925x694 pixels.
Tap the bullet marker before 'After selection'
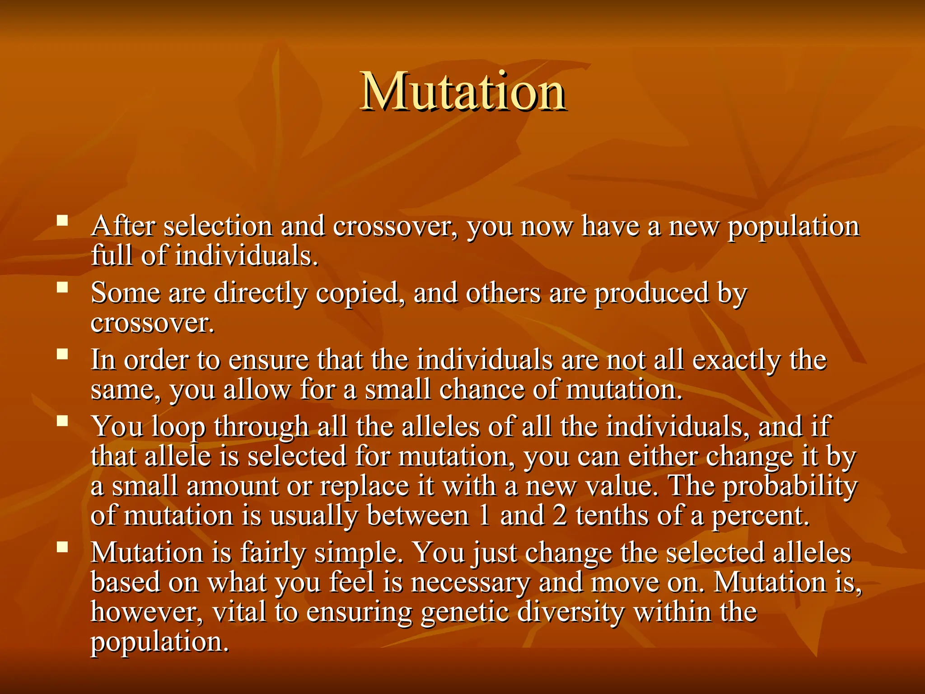pyautogui.click(x=62, y=221)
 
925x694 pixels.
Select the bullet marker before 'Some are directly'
pyautogui.click(x=62, y=288)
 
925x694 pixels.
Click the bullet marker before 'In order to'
pyautogui.click(x=62, y=354)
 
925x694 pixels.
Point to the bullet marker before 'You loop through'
pyautogui.click(x=62, y=421)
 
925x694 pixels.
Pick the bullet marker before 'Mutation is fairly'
pyautogui.click(x=62, y=547)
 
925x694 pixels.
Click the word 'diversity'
pyautogui.click(x=570, y=612)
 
